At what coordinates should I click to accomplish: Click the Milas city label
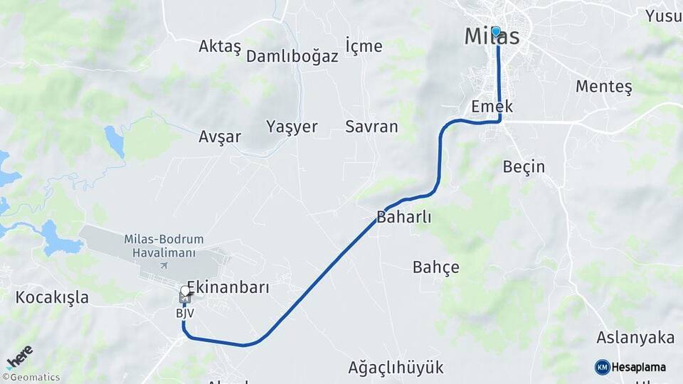pyautogui.click(x=491, y=37)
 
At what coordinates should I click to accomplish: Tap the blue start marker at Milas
pyautogui.click(x=496, y=31)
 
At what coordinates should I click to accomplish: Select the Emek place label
pyautogui.click(x=492, y=107)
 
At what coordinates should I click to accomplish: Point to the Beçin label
pyautogui.click(x=524, y=167)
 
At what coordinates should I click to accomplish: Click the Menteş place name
pyautogui.click(x=603, y=87)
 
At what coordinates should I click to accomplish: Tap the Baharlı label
pyautogui.click(x=404, y=217)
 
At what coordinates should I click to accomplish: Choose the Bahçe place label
pyautogui.click(x=435, y=267)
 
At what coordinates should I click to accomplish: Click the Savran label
pyautogui.click(x=371, y=127)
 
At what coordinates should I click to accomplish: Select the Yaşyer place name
pyautogui.click(x=292, y=127)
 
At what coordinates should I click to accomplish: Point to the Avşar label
pyautogui.click(x=220, y=137)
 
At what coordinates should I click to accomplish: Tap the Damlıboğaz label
pyautogui.click(x=292, y=57)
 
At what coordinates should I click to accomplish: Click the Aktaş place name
pyautogui.click(x=220, y=46)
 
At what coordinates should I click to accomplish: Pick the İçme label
pyautogui.click(x=364, y=46)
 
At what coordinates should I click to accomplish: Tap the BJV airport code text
pyautogui.click(x=185, y=313)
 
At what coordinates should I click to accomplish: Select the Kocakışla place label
pyautogui.click(x=52, y=297)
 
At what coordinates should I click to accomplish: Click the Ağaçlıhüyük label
pyautogui.click(x=396, y=368)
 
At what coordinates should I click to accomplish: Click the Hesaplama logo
pyautogui.click(x=630, y=367)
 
